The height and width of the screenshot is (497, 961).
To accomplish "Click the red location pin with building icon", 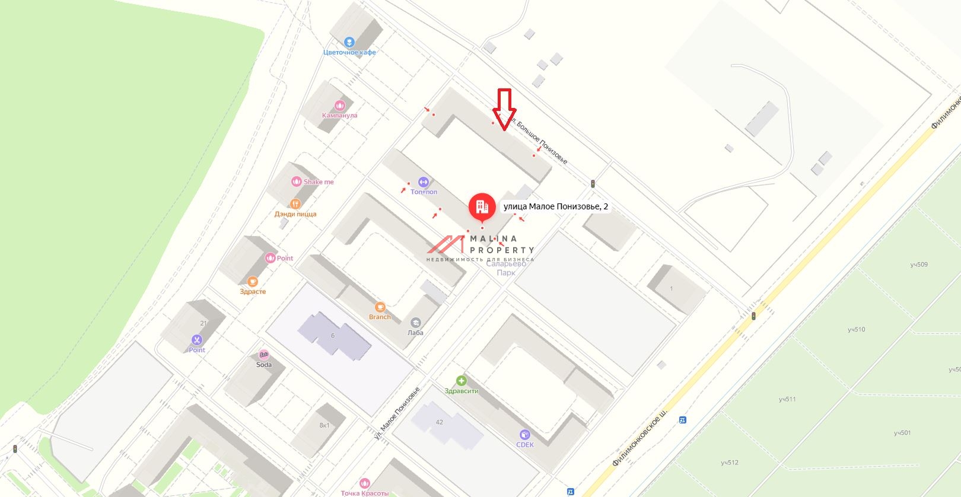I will pyautogui.click(x=482, y=207).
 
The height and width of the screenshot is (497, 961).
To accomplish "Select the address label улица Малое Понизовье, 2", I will pyautogui.click(x=555, y=206).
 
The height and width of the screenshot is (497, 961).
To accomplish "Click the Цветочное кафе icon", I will pyautogui.click(x=349, y=42).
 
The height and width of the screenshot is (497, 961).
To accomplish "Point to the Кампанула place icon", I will pyautogui.click(x=339, y=105).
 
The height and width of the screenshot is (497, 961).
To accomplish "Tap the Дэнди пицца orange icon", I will pyautogui.click(x=295, y=203).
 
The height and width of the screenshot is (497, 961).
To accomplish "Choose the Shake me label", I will pyautogui.click(x=319, y=182).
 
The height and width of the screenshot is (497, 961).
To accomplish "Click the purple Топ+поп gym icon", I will pyautogui.click(x=424, y=181).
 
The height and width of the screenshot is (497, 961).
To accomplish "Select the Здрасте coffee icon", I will pyautogui.click(x=253, y=281).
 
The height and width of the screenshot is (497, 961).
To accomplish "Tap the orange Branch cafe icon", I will pyautogui.click(x=380, y=307).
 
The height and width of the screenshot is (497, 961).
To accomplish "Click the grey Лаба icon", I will pyautogui.click(x=416, y=322).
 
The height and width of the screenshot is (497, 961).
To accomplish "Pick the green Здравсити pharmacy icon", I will pyautogui.click(x=462, y=381).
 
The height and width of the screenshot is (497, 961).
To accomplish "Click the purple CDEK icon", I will pyautogui.click(x=524, y=435).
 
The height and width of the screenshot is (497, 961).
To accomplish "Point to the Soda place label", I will pyautogui.click(x=264, y=365).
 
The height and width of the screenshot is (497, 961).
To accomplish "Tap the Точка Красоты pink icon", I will pyautogui.click(x=365, y=483).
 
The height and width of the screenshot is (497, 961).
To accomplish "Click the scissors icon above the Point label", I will pyautogui.click(x=196, y=340).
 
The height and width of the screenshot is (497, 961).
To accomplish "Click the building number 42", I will pyautogui.click(x=439, y=422).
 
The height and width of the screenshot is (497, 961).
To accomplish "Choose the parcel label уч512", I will pyautogui.click(x=730, y=463).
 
